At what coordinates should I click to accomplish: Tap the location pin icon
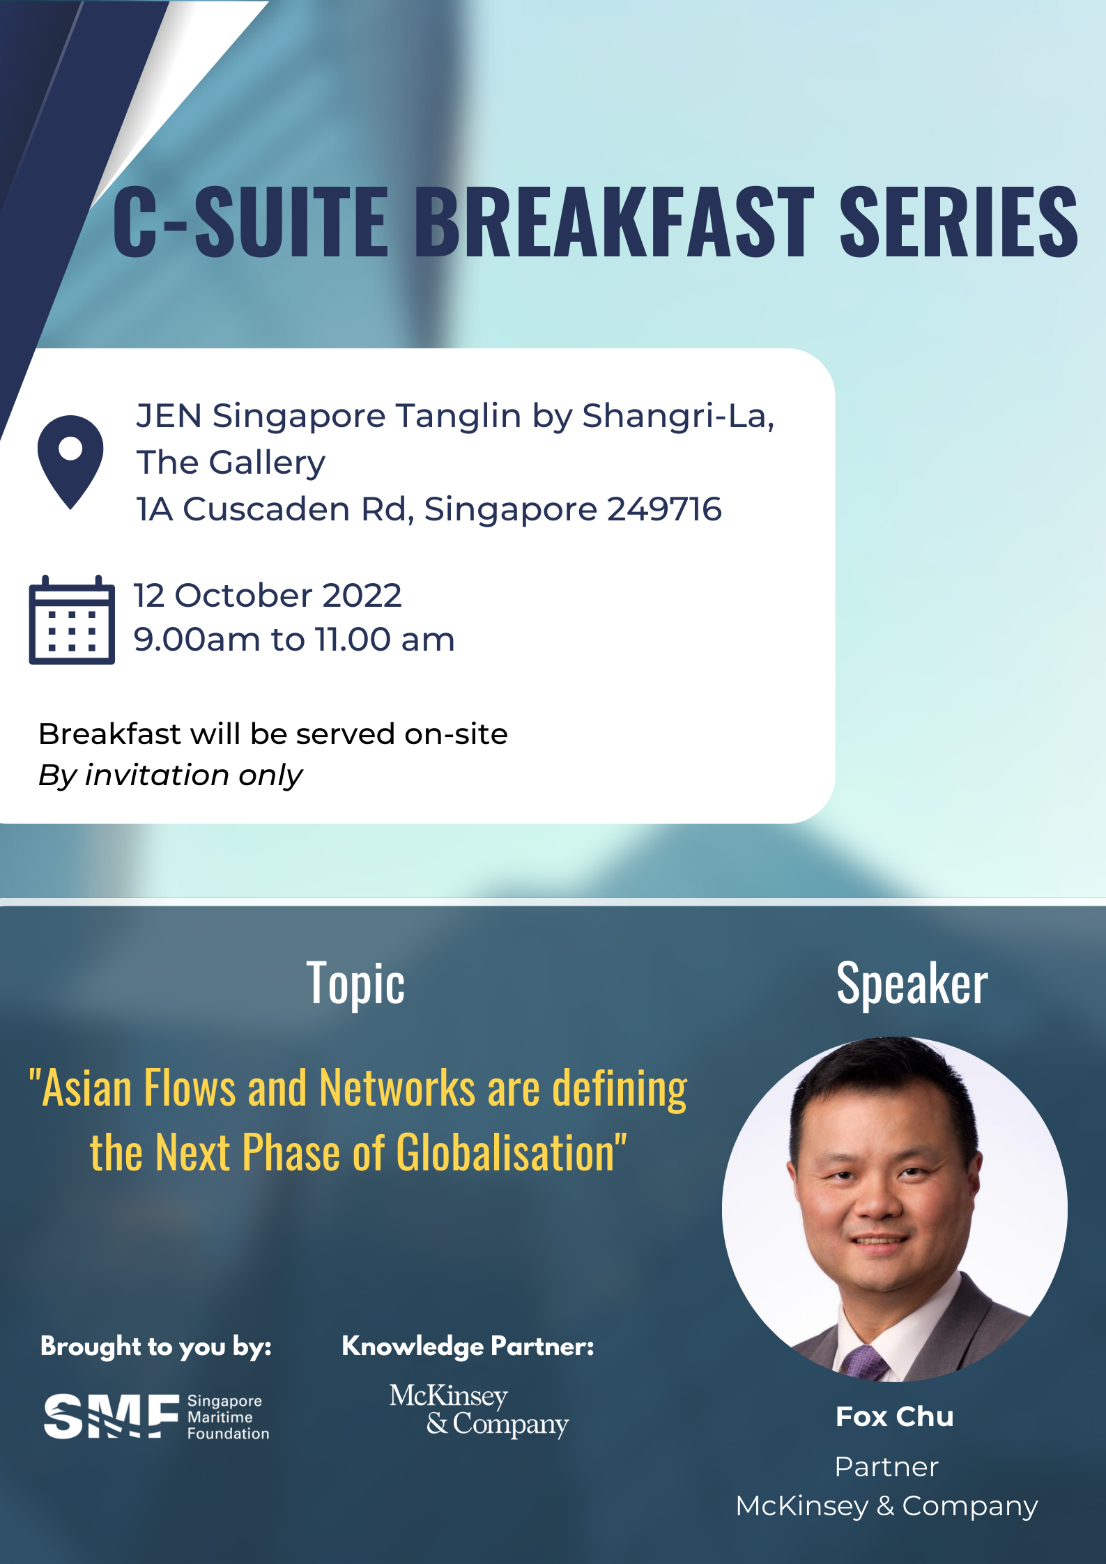[x=70, y=462]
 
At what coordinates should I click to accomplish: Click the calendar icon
[x=72, y=619]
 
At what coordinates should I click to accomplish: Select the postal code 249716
[x=664, y=509]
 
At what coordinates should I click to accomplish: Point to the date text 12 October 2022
[x=268, y=596]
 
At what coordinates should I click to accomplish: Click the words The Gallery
[x=231, y=463]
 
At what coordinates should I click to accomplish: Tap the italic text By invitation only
[x=171, y=775]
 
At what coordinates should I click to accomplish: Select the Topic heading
[x=355, y=984]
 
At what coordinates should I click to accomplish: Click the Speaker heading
[x=912, y=984]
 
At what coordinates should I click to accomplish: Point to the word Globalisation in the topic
[x=506, y=1152]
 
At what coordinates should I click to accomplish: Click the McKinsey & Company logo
[x=479, y=1411]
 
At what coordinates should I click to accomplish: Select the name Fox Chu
[x=895, y=1417]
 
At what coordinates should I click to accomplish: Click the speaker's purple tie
[x=863, y=1361]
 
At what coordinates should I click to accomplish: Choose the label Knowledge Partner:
[x=468, y=1347]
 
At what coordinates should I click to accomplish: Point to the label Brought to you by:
[x=156, y=1347]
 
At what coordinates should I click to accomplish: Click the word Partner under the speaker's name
[x=886, y=1467]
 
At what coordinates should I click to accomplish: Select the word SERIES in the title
[x=959, y=221]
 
